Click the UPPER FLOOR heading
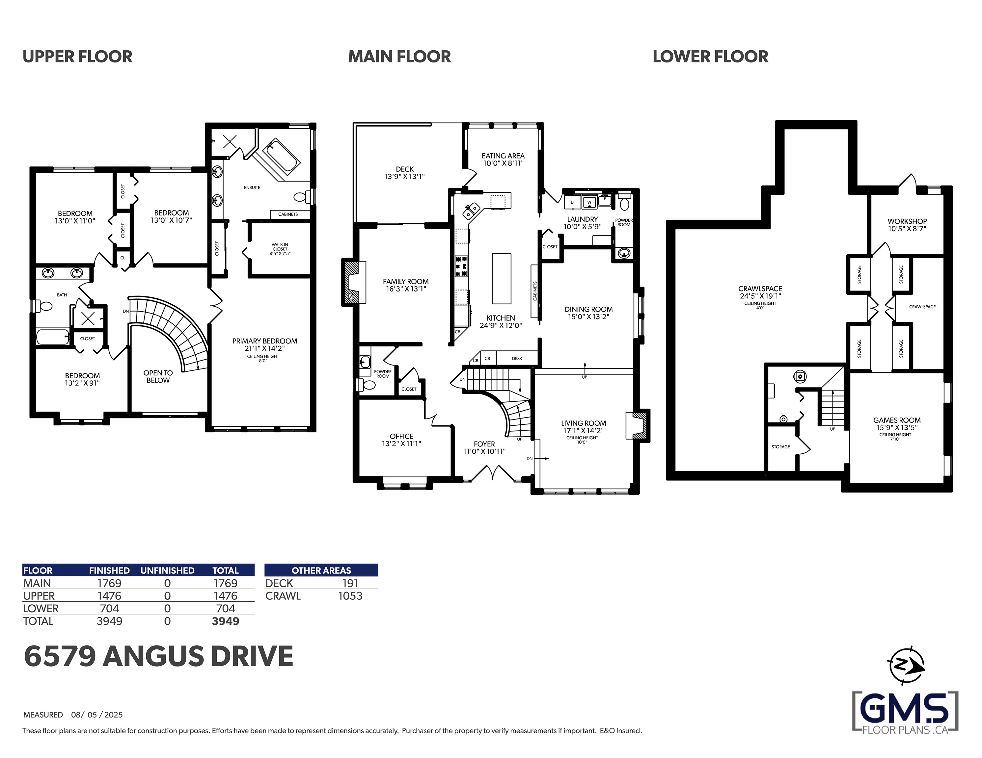coord(77,57)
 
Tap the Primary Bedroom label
coord(264,341)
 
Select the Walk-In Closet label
coord(280,247)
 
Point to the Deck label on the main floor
coord(405,169)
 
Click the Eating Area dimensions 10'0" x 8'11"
coord(503,163)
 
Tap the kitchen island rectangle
coord(501,279)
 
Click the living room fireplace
coord(638,425)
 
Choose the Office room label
coord(401,436)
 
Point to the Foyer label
coord(484,444)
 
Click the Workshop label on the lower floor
coord(907,221)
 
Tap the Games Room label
coord(897,420)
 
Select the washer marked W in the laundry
coord(589,202)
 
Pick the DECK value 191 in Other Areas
coord(350,583)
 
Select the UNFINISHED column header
coord(167,570)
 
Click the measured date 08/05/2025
coord(97,715)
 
